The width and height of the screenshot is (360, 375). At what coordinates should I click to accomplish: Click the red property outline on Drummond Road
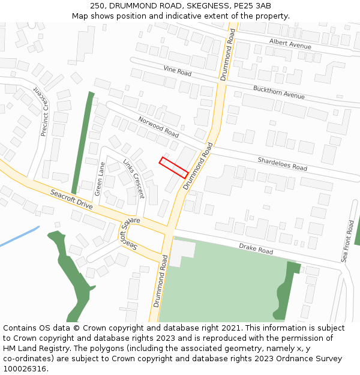point(174,167)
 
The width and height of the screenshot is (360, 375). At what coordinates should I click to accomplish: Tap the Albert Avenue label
point(290,44)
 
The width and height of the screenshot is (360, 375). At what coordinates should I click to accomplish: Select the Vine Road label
point(177,72)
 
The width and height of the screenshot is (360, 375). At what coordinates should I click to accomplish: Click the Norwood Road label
point(158,126)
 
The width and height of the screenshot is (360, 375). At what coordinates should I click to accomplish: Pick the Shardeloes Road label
point(282,164)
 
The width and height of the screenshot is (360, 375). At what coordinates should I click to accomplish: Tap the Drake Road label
point(256,248)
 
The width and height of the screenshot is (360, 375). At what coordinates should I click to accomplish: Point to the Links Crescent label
point(133,179)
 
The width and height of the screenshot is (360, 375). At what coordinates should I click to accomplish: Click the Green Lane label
point(100,179)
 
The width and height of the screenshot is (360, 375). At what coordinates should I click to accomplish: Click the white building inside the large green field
point(182,252)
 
